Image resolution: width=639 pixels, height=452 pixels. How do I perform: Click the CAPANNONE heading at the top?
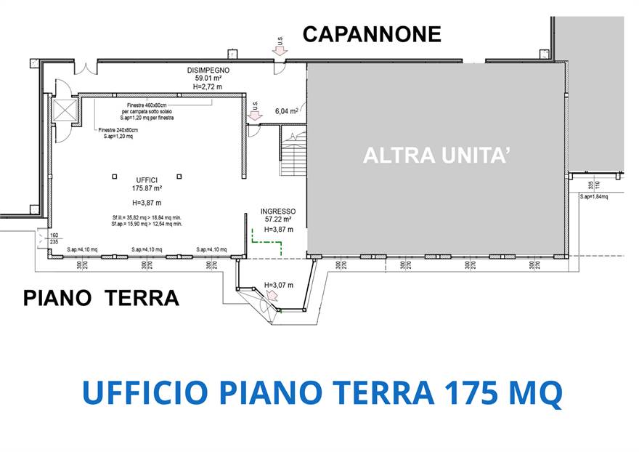[372, 34]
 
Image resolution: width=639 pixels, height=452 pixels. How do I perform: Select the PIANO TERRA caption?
[101, 298]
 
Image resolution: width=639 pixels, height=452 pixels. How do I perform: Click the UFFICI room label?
[147, 179]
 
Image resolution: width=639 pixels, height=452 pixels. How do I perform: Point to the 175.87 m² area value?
[147, 187]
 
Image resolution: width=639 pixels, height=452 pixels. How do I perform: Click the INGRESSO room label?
[278, 211]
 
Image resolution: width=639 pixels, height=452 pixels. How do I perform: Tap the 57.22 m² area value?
[278, 219]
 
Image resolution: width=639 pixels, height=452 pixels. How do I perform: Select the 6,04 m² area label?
[286, 111]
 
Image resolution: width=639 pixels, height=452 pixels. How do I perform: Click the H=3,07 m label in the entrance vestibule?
[278, 284]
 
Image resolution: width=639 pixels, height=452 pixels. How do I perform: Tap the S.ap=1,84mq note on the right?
[593, 196]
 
